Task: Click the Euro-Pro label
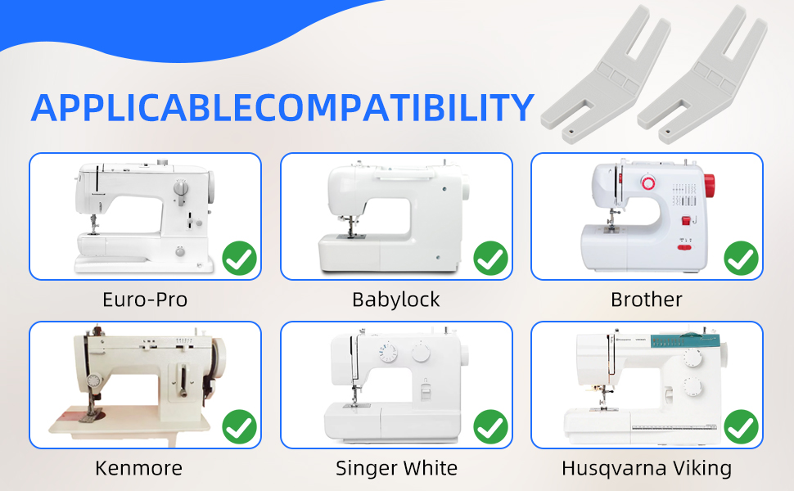(145, 300)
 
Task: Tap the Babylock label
(396, 300)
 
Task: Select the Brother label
(646, 300)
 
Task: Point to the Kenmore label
(139, 468)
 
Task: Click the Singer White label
(396, 468)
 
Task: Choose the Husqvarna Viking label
(647, 469)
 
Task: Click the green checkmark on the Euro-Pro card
(240, 258)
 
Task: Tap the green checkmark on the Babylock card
(490, 258)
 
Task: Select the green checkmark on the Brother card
(742, 258)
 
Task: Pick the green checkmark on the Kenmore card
(240, 426)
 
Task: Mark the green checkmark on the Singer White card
(490, 426)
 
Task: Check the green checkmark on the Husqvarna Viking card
(742, 426)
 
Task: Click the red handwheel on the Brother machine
(709, 186)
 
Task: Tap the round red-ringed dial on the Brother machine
(648, 182)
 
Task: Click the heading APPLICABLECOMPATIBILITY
(282, 108)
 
